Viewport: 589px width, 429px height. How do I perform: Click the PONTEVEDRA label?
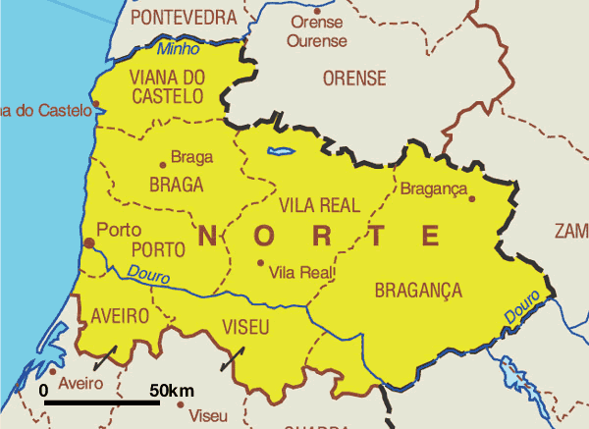click(184, 17)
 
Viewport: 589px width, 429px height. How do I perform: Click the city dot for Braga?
click(163, 165)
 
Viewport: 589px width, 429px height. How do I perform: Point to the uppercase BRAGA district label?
click(177, 185)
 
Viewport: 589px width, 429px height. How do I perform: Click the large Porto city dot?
click(89, 241)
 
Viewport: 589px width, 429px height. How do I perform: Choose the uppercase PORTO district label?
click(158, 248)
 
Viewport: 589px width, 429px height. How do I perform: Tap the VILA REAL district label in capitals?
click(320, 205)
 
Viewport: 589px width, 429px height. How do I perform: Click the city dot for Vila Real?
click(260, 262)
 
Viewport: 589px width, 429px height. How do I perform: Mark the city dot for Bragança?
click(471, 198)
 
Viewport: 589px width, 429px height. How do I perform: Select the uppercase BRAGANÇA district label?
click(418, 290)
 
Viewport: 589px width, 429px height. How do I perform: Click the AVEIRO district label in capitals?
click(119, 315)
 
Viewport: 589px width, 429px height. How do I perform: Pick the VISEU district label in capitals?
click(248, 326)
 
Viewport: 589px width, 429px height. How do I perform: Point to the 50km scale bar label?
click(172, 391)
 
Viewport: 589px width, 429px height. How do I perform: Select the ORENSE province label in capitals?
click(354, 79)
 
